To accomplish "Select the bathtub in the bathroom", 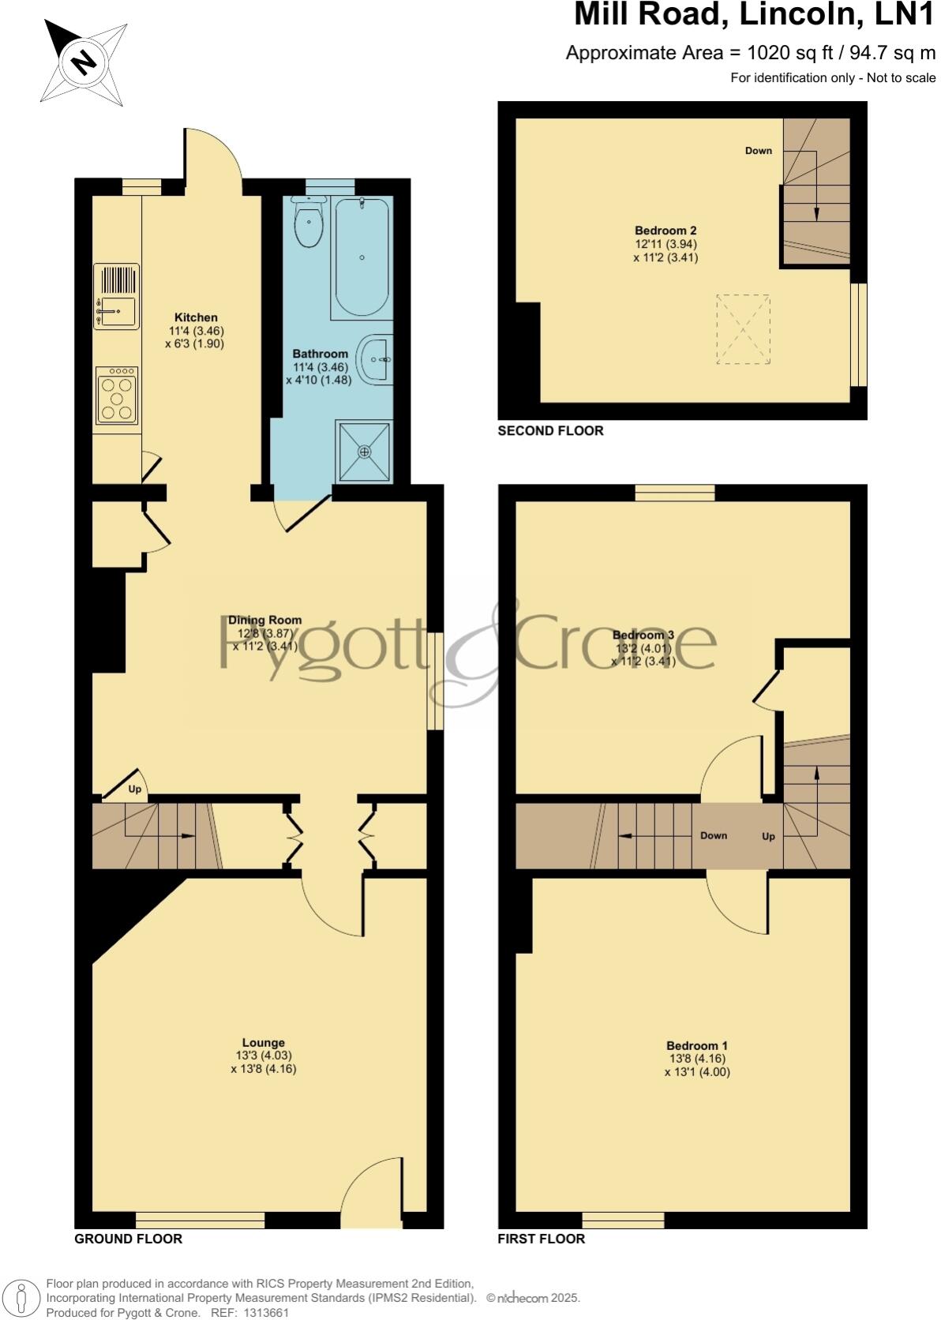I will coord(362,257).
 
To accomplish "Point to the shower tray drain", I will coord(364,452).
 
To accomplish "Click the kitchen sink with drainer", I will coord(117,295).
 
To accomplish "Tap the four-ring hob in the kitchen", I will coord(117,395).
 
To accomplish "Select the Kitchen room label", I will coord(196,317).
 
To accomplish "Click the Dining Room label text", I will coord(264,620).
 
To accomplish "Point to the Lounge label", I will coord(263,1042).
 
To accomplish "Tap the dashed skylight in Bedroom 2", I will coord(743,329).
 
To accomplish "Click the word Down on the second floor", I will coord(758,151).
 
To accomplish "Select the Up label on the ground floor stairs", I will coord(135,789).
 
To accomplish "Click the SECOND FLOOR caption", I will coord(550,430).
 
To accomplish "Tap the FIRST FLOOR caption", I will coord(541,1239).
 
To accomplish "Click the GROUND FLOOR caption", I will coord(128,1239).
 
